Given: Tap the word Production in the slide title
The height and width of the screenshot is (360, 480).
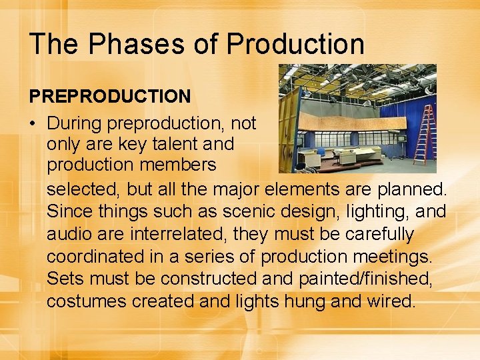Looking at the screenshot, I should click(295, 44).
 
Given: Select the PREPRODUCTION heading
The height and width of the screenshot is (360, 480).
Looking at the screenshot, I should click(110, 97).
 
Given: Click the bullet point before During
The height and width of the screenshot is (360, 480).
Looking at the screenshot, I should click(33, 123).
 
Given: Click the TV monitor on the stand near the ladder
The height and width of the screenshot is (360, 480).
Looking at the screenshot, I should click(402, 139).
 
